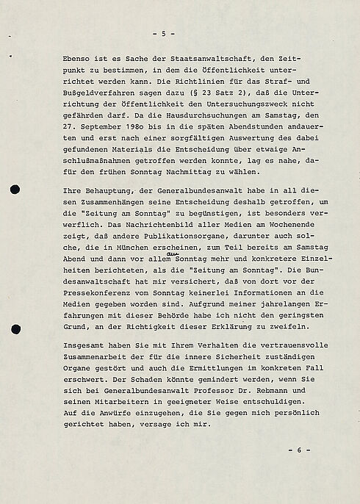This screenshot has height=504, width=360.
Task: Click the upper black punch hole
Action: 15,191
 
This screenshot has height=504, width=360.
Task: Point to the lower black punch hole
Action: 15,329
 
